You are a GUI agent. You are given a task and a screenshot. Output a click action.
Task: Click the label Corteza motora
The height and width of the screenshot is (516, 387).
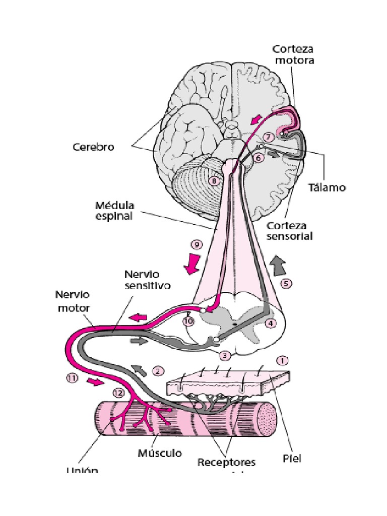click(x=293, y=54)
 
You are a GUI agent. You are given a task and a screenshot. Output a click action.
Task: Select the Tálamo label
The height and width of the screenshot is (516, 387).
click(x=327, y=187)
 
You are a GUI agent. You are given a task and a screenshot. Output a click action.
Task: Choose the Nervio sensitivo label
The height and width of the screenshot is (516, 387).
click(x=147, y=280)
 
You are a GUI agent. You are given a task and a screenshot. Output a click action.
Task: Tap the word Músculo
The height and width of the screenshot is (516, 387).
click(x=160, y=453)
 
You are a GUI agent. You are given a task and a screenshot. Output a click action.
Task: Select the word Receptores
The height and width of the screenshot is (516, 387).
click(x=226, y=462)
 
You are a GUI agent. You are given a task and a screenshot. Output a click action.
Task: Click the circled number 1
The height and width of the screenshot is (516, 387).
click(x=283, y=361)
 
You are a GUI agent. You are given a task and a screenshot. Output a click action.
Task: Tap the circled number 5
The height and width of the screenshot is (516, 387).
click(x=286, y=283)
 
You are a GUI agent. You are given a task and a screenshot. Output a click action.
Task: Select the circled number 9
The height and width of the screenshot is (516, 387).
click(x=197, y=245)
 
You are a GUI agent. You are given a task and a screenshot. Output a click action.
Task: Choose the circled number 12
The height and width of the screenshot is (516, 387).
click(x=119, y=392)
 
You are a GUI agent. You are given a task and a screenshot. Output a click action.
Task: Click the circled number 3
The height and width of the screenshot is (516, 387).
click(x=225, y=355)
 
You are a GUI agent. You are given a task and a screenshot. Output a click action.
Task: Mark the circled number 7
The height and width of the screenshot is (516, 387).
click(x=269, y=137)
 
